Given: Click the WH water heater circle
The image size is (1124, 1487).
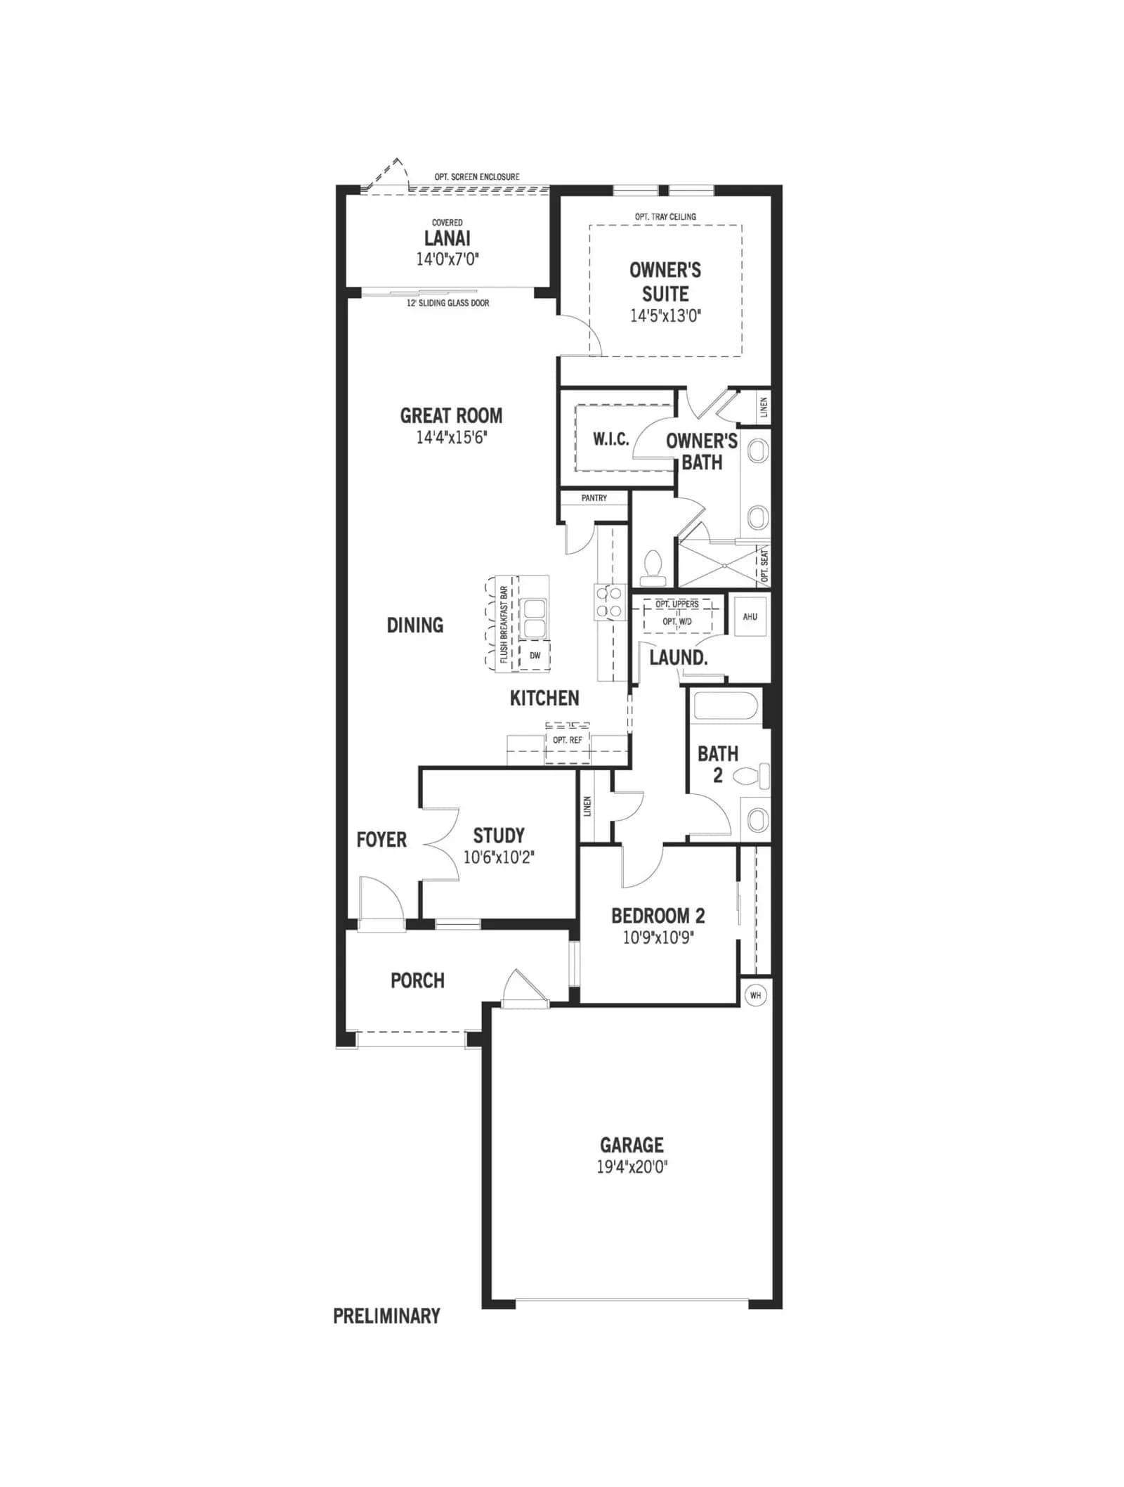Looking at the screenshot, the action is point(755,995).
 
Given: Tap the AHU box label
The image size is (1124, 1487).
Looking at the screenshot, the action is point(750,617).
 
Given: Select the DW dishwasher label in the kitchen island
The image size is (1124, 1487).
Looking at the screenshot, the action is point(535,656).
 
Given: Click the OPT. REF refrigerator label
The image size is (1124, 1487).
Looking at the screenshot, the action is point(568,740).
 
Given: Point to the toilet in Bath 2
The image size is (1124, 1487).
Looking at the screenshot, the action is point(752,777).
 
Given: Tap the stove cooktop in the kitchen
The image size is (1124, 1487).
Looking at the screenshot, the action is point(609,602).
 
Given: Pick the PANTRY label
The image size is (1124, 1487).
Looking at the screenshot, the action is point(594,498).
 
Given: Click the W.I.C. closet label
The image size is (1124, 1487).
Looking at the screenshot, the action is point(611,440).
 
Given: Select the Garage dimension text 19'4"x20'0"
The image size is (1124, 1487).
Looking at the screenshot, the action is point(632,1167).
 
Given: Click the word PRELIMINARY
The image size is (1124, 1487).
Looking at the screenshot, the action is point(386,1316).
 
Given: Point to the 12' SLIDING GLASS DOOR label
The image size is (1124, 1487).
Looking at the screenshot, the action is point(448,303).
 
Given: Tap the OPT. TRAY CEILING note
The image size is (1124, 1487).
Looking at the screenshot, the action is point(665,216).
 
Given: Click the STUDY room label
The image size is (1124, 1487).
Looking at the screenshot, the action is point(499,836).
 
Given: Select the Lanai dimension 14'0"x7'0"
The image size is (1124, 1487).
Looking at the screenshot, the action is point(447,259).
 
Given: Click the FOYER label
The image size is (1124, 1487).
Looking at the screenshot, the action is point(381,840).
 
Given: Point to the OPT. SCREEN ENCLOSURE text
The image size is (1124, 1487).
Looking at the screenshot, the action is point(477,177).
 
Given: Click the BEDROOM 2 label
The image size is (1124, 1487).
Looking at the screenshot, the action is point(658,916).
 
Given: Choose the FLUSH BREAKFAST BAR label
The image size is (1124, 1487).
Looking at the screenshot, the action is point(504,625).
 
